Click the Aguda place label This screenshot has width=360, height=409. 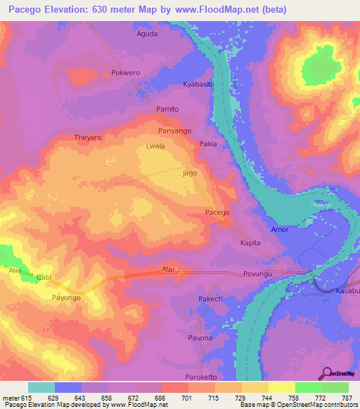pos(147,33)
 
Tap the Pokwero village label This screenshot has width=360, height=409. pos(127,72)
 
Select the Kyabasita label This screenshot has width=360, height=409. pos(198,84)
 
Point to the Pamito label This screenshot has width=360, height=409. pos(167,109)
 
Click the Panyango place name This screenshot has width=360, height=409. pos(174,131)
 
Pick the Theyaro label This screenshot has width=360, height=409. pos(89,138)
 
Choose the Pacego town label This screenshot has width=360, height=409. pos(217,212)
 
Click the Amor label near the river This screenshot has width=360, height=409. pos(280,230)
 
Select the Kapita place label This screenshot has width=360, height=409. pos(250,242)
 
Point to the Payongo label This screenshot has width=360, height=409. pos(70,298)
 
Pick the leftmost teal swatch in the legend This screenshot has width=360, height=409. pos(41,387)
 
